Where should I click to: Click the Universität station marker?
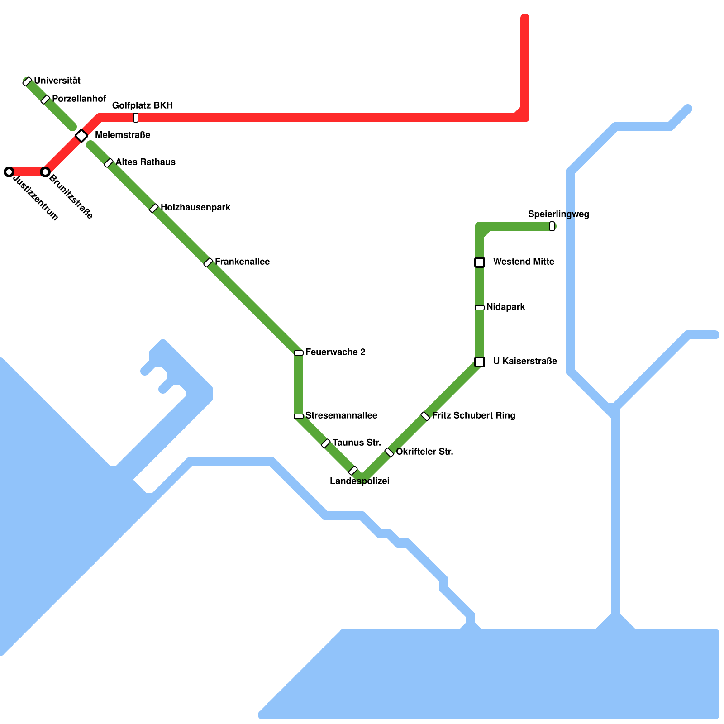(x=27, y=81)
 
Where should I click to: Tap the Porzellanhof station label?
(x=79, y=99)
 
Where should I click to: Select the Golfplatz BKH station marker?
(x=136, y=118)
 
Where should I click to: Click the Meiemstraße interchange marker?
(x=81, y=135)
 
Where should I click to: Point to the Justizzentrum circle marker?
(x=9, y=172)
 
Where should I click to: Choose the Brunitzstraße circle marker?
(x=45, y=172)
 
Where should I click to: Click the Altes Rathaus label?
(x=145, y=162)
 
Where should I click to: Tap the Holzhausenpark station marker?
(x=154, y=208)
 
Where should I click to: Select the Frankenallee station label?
(x=242, y=262)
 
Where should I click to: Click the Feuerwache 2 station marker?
(x=299, y=353)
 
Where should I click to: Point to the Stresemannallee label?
(x=341, y=415)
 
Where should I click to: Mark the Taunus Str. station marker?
(x=326, y=443)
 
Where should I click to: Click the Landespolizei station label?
(x=360, y=481)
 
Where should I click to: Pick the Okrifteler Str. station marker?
(x=389, y=452)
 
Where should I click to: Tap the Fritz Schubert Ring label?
(x=473, y=415)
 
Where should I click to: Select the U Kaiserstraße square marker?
(x=480, y=362)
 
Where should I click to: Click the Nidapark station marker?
(x=480, y=308)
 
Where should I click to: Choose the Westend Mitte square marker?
(x=480, y=262)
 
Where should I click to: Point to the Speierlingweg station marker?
(x=552, y=226)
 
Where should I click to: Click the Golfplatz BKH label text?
(x=143, y=105)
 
